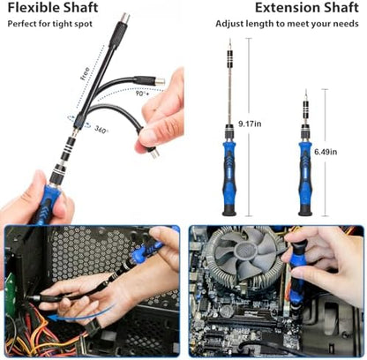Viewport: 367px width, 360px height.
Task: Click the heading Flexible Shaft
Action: [x=53, y=8]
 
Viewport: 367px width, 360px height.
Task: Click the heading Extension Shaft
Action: [x=307, y=8]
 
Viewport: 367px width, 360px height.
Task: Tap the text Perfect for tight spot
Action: [x=50, y=24]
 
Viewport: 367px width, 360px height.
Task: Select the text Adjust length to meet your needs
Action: [x=287, y=24]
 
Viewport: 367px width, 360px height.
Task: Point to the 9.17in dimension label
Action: [x=250, y=124]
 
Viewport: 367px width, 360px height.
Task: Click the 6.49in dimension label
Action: [x=326, y=152]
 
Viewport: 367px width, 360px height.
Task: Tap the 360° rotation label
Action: [x=101, y=130]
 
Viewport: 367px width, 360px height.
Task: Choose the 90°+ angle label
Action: [x=142, y=94]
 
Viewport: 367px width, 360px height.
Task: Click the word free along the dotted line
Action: [x=85, y=74]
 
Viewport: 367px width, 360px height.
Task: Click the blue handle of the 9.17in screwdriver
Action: [x=229, y=174]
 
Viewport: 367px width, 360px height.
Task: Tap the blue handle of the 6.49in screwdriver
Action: [x=305, y=174]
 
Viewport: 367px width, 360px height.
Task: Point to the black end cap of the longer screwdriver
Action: [x=229, y=211]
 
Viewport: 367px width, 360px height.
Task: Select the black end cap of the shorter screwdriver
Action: [x=305, y=211]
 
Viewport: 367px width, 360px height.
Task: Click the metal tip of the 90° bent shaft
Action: [x=160, y=81]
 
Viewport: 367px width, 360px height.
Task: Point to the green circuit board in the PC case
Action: [x=11, y=295]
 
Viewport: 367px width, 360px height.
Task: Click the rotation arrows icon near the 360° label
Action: [x=79, y=122]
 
